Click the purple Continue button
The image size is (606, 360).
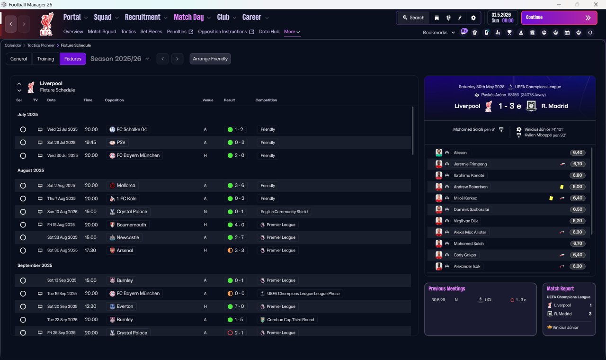[559, 18]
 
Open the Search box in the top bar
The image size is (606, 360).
[414, 18]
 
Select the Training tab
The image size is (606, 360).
[45, 59]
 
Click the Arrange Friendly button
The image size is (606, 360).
[210, 59]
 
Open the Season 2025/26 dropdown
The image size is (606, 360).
[120, 59]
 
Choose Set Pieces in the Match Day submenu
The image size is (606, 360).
[151, 32]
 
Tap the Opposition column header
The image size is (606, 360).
[114, 100]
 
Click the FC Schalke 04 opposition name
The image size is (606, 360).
[132, 129]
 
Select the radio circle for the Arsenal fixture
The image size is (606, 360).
[23, 251]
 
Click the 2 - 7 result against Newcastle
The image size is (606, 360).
[239, 237]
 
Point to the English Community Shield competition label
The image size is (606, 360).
[284, 212]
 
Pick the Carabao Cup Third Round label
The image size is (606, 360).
[291, 320]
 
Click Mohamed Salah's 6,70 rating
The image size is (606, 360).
[577, 243]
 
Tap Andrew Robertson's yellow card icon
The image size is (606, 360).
[561, 187]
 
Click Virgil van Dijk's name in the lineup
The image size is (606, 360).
[465, 221]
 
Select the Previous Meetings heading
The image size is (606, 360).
[446, 288]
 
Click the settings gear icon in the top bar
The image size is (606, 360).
[473, 18]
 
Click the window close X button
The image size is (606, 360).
[596, 4]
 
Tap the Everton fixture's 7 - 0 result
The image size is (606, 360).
[239, 306]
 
